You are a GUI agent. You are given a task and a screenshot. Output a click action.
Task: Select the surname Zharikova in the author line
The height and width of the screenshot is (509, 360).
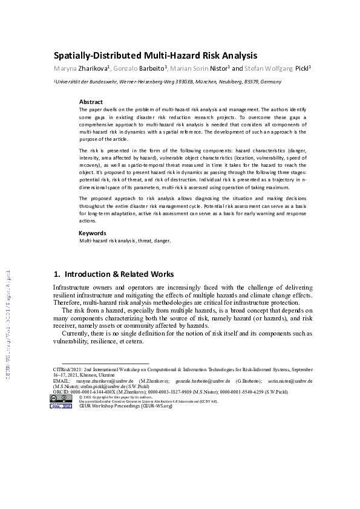pyautogui.click(x=92, y=69)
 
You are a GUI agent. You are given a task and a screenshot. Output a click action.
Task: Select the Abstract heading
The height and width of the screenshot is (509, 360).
pyautogui.click(x=91, y=102)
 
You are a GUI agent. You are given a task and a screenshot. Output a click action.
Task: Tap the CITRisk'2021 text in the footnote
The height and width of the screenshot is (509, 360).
pyautogui.click(x=68, y=368)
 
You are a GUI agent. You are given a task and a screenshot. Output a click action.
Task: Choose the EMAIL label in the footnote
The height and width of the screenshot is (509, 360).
pyautogui.click(x=62, y=381)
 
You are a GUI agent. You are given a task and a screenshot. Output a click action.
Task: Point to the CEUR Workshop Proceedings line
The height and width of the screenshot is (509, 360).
pyautogui.click(x=126, y=406)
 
